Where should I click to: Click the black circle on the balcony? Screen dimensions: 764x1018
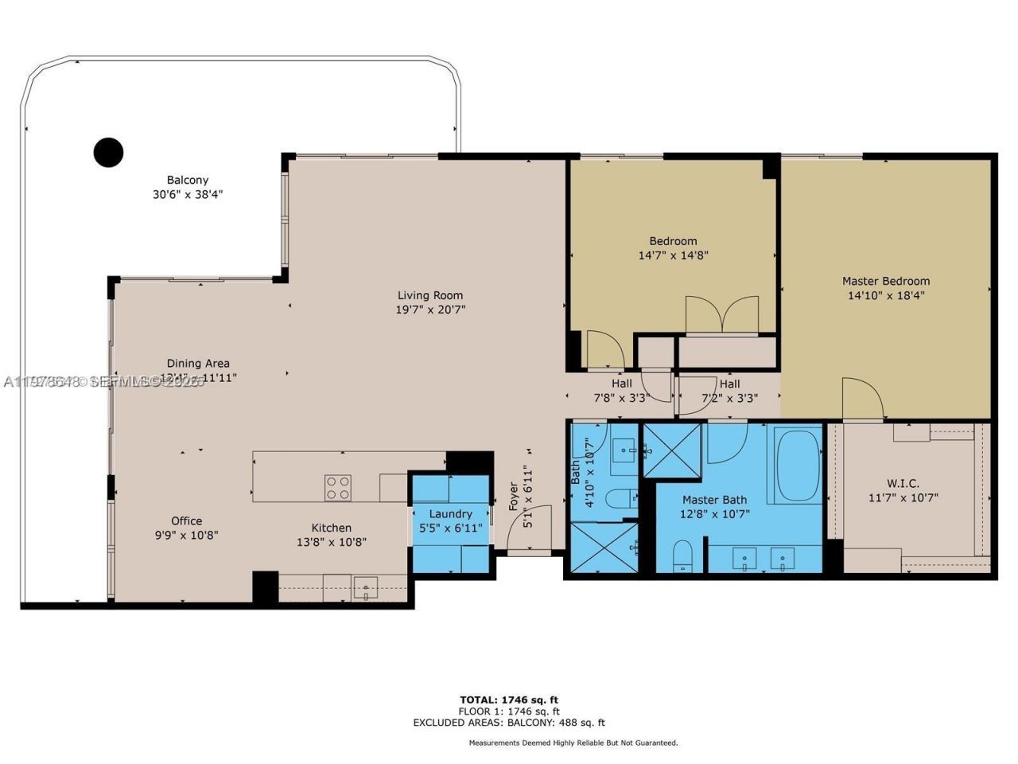pos(108,151)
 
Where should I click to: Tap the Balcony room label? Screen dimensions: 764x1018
pos(187,180)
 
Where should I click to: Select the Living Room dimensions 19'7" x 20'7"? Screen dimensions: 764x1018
pos(430,310)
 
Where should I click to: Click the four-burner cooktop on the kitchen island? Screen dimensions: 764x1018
pos(337,487)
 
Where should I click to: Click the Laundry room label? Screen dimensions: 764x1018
pos(450,514)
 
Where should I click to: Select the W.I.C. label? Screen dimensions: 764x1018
pos(902,483)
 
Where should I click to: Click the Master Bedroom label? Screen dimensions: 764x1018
pos(885,281)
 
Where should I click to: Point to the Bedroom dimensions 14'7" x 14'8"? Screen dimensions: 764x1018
pos(673,255)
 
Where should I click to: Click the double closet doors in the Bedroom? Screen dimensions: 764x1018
pos(721,314)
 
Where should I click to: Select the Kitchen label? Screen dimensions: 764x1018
pos(331,528)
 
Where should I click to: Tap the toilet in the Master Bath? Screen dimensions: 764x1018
pos(683,555)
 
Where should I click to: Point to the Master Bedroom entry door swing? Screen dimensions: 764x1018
pos(862,398)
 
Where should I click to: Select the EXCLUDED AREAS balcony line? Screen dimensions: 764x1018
pos(509,723)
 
